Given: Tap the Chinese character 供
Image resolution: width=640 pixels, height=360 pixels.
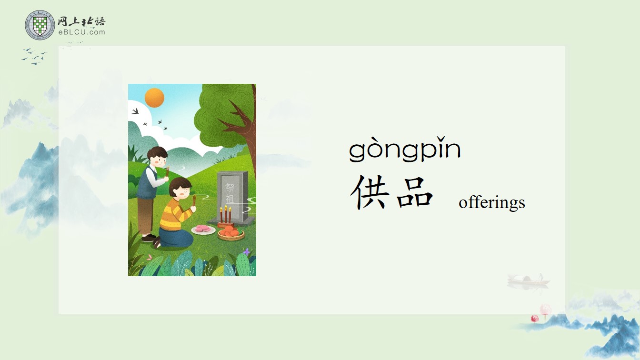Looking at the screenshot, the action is coord(370,192).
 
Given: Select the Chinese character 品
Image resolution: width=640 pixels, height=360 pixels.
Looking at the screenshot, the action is coord(415,192).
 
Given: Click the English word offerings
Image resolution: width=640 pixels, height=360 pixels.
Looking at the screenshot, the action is coord(492,202).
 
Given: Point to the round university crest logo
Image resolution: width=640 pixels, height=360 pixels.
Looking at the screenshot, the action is coord(40,25).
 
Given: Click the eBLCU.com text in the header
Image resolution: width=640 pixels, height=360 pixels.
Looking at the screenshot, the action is coord(82,32).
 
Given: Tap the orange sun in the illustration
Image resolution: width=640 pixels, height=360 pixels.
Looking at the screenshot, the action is coord(154,98).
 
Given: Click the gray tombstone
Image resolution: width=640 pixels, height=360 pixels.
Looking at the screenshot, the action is coord(232,197).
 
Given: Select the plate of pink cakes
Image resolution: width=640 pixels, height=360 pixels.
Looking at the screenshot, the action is coord(203,230).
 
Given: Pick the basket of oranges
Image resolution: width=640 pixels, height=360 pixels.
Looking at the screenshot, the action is coord(231,233).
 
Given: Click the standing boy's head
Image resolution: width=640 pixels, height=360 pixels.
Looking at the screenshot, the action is coord(158,157).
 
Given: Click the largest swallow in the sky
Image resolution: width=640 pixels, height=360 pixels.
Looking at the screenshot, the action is coord(135,111).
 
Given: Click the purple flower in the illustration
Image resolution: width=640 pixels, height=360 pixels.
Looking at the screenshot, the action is coord(246,252).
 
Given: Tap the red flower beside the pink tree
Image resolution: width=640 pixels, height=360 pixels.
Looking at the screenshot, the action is coord(535,318).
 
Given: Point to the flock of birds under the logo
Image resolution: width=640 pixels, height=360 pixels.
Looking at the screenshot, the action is coord(34,56).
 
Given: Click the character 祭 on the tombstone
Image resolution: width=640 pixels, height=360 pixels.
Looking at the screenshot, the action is coord(230,187).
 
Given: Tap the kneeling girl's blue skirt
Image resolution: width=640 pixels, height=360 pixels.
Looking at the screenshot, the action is coord(174,237).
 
